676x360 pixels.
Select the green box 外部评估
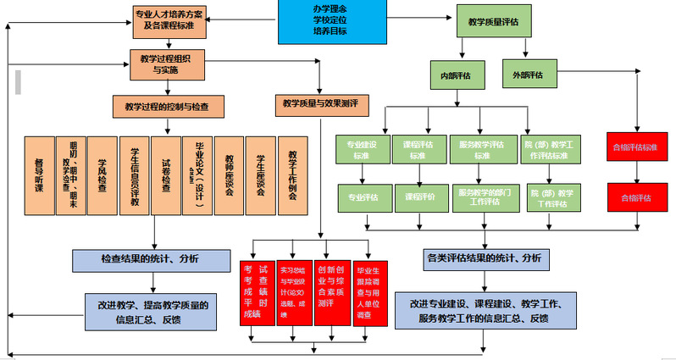(527, 75)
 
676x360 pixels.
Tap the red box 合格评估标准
(634, 147)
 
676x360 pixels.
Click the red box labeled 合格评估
(634, 197)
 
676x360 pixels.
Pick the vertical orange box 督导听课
(39, 179)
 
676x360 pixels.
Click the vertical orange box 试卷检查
(165, 179)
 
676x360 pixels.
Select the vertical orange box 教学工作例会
(292, 179)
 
